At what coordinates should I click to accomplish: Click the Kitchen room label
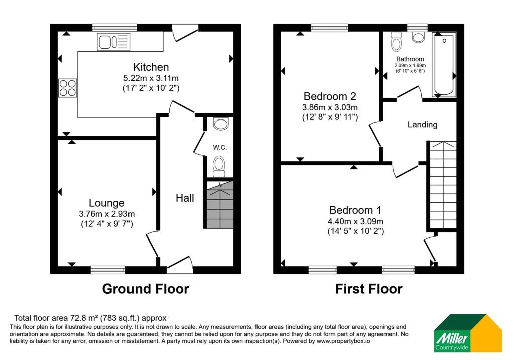(x=151, y=67)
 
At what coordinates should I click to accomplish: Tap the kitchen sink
(x=113, y=42)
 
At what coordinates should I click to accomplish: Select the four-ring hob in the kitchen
(x=68, y=88)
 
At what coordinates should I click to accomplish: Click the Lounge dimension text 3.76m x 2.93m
(x=107, y=214)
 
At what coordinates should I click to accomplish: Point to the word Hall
(x=185, y=198)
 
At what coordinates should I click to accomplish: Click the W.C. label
(x=220, y=147)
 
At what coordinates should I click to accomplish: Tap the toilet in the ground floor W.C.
(x=219, y=166)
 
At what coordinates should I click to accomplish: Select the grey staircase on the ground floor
(x=220, y=204)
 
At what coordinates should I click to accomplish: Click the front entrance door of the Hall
(x=180, y=265)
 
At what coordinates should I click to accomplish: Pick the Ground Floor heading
(x=146, y=289)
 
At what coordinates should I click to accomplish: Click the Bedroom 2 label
(x=330, y=96)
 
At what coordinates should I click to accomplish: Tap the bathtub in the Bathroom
(x=444, y=65)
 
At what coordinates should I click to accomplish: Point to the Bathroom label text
(x=410, y=59)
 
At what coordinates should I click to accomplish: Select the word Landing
(x=422, y=124)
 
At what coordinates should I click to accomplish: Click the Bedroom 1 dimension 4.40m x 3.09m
(x=356, y=221)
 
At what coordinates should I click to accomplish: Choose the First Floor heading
(x=369, y=289)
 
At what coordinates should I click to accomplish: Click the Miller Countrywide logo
(x=468, y=333)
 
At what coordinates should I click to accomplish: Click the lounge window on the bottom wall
(x=108, y=270)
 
